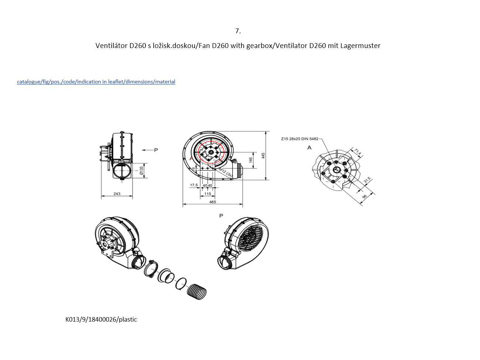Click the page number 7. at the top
tap(238, 31)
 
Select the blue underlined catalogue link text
tap(96, 82)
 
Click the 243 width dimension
tap(117, 193)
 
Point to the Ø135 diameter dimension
tap(141, 171)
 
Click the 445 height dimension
tap(263, 155)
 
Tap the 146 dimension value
tap(251, 160)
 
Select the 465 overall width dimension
tap(213, 202)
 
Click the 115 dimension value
tap(208, 193)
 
